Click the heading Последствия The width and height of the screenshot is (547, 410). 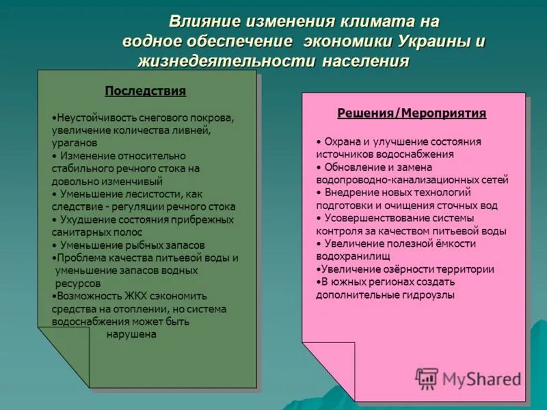click(145, 91)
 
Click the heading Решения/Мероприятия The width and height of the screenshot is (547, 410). click(412, 113)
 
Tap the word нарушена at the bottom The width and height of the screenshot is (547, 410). click(132, 334)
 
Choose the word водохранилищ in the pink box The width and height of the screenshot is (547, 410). click(353, 256)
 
